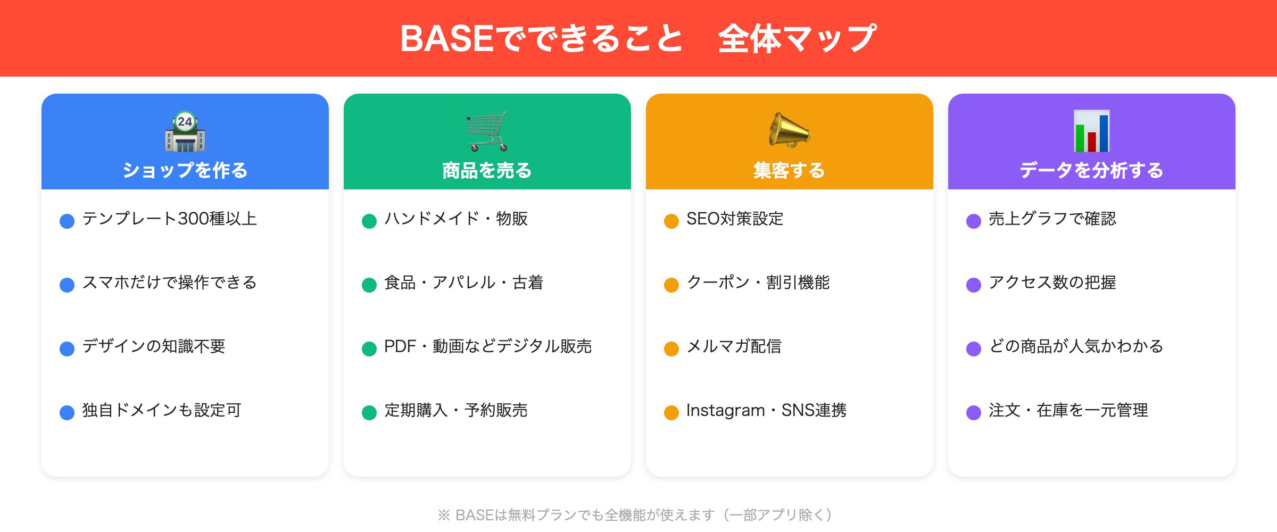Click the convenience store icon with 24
(x=185, y=132)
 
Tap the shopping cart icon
(x=487, y=131)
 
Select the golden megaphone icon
(x=789, y=130)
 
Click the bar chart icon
(x=1091, y=131)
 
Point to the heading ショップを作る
(x=185, y=170)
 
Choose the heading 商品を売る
(x=487, y=170)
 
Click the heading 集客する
(x=789, y=170)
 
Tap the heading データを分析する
(x=1091, y=170)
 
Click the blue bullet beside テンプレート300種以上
(x=67, y=221)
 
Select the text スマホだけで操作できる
(x=169, y=282)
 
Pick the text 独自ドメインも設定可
(x=162, y=410)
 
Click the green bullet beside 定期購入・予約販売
(x=369, y=412)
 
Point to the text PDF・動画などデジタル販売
(x=487, y=346)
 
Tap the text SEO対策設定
(x=734, y=219)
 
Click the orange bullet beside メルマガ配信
(x=671, y=348)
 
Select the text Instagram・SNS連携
(x=766, y=410)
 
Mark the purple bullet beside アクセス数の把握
(x=974, y=285)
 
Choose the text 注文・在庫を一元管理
(x=1068, y=410)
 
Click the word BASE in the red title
(x=447, y=39)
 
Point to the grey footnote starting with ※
(x=635, y=515)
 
